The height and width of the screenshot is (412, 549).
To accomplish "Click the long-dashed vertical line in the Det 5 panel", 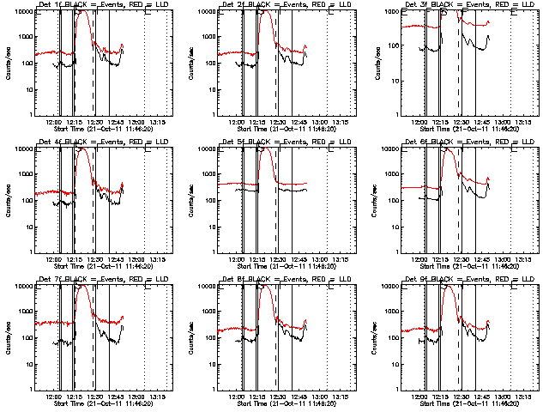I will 276,197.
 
